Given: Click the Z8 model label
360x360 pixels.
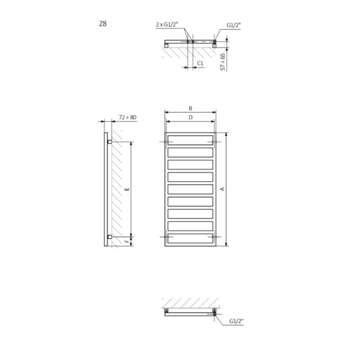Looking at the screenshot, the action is click(x=103, y=24).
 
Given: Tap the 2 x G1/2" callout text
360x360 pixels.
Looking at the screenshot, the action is click(x=167, y=24).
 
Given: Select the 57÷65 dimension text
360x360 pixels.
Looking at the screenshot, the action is click(x=222, y=62).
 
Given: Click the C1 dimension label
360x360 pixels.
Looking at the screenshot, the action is click(x=200, y=63).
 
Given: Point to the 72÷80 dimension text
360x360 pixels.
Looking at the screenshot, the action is click(x=127, y=117).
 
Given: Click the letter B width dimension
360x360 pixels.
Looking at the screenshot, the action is click(x=191, y=108).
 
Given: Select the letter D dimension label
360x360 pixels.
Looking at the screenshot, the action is click(x=191, y=117).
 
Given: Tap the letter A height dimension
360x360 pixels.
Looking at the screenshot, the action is click(x=222, y=189).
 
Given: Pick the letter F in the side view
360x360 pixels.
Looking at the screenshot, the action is click(x=127, y=241).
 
